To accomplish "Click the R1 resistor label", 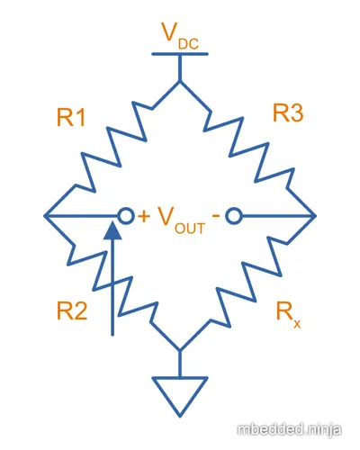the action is coord(71,117).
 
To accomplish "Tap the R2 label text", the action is coord(72,310).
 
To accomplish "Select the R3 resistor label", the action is coord(288,112).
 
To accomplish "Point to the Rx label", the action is coord(288,315).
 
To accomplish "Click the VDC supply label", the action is coord(180,36).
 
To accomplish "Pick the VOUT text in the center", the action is coord(182,220).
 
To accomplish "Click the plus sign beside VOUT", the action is coord(144,216).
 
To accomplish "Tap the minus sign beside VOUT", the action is coord(216,215).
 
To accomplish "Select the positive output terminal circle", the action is coord(125,216).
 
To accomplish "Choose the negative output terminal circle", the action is coord(234,216).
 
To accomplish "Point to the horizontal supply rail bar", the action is coord(180,54).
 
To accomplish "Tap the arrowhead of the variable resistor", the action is coord(112,230).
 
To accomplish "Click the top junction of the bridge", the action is coord(180,81).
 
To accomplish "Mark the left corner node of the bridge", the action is coord(45,216).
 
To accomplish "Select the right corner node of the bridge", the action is coord(315,216).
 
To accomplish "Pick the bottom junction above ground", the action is coord(180,350).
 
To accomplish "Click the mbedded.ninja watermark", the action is coord(289,429).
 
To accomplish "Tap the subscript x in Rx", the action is coord(297,324).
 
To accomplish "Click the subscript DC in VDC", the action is coord(188,44).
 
